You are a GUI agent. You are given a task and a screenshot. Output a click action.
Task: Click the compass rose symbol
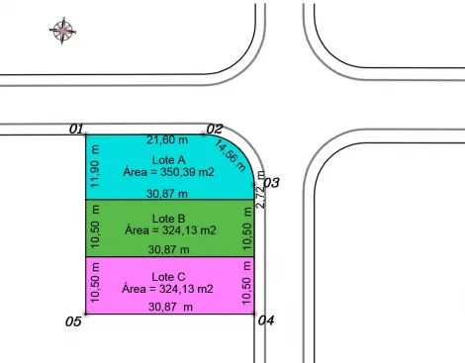click(62, 31)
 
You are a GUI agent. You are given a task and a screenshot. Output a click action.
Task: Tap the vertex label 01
click(76, 129)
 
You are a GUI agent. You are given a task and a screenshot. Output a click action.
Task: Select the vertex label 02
click(215, 129)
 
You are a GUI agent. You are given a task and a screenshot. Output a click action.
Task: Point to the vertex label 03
click(271, 182)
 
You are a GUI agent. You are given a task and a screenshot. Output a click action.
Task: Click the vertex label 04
click(266, 320)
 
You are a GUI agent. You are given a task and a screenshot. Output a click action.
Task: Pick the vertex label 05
click(73, 321)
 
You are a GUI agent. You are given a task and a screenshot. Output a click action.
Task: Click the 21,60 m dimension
click(167, 139)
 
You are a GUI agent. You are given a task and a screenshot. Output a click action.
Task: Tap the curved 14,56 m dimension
click(231, 155)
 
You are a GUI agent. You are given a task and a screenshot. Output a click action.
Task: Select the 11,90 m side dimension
click(95, 166)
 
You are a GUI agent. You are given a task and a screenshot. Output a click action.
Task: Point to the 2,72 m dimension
click(260, 189)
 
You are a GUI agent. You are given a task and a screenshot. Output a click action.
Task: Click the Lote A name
click(168, 160)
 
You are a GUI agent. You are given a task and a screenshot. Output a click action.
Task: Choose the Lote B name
click(168, 219)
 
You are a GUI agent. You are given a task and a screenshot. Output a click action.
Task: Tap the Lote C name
click(168, 277)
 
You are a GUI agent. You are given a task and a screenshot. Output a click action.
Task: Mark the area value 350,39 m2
click(187, 172)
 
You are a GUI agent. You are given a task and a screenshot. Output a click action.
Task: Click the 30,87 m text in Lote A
click(167, 194)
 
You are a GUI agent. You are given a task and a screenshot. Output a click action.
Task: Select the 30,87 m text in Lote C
click(170, 307)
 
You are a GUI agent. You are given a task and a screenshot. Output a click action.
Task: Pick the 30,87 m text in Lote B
click(168, 249)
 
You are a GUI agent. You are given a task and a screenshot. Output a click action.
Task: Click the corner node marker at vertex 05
click(86, 314)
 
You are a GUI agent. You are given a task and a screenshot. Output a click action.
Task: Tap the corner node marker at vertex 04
click(254, 314)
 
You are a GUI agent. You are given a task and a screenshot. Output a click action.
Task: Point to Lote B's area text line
click(170, 229)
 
